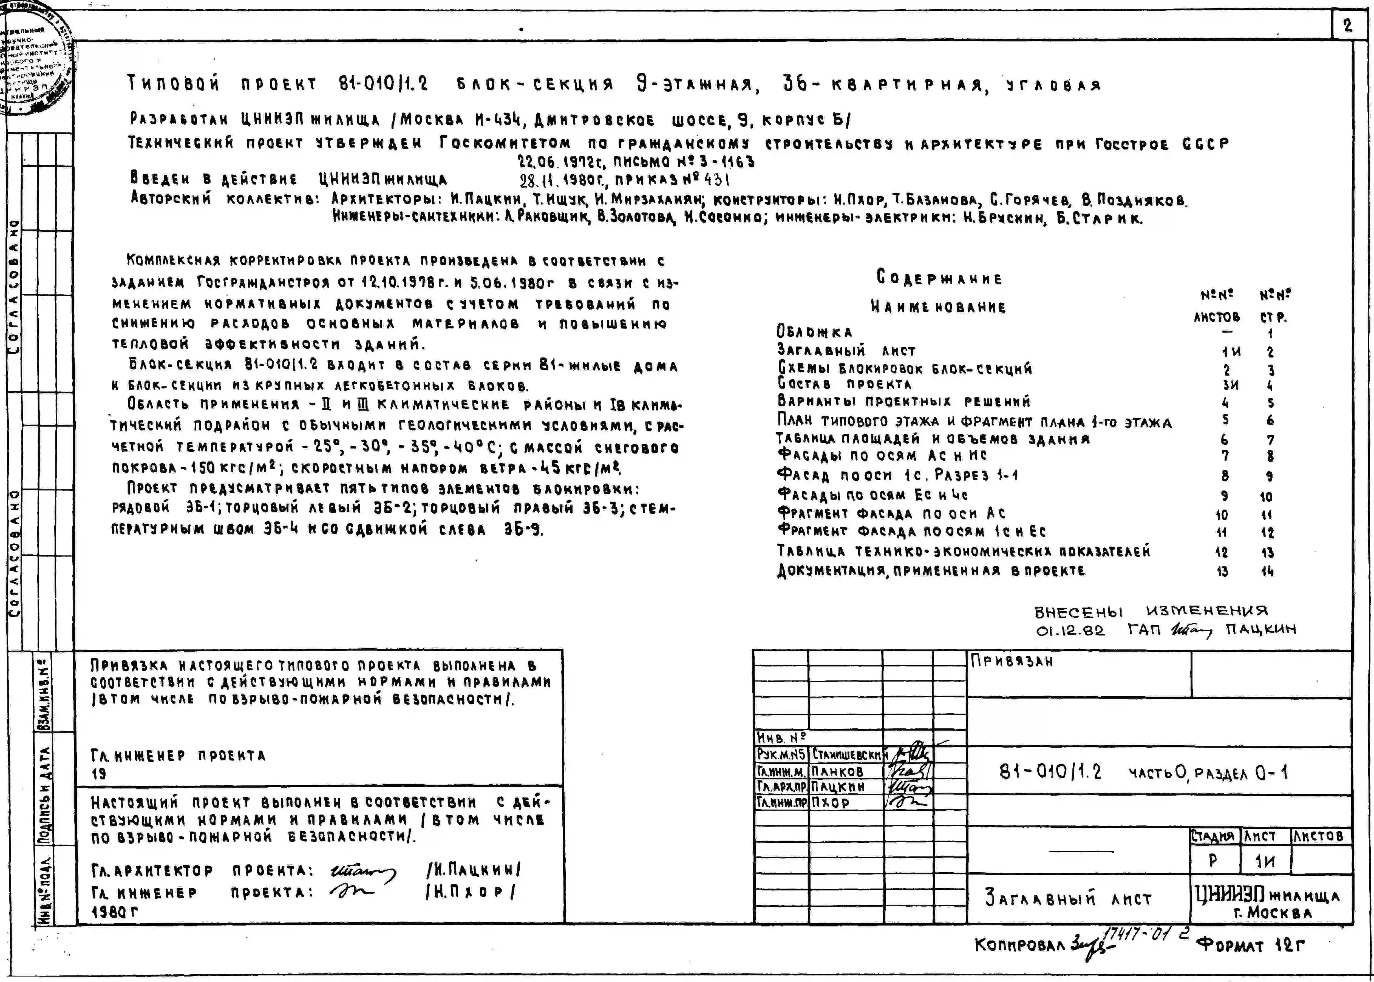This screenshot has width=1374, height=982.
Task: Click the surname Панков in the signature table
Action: click(838, 771)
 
